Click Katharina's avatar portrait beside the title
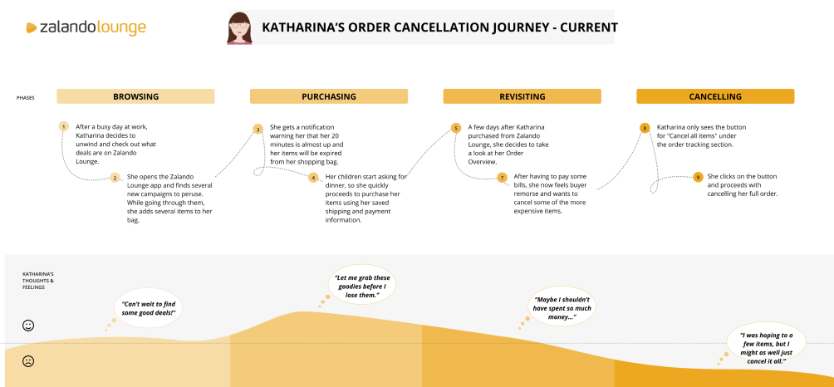click(x=240, y=28)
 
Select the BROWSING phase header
click(x=135, y=96)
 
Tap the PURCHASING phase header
click(x=329, y=96)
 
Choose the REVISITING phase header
click(x=522, y=96)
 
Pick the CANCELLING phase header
click(x=715, y=96)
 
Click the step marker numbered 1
click(x=63, y=127)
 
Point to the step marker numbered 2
click(x=115, y=177)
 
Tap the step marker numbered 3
click(x=258, y=129)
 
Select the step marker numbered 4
click(x=313, y=177)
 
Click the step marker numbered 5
click(x=455, y=128)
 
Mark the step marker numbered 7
click(x=502, y=177)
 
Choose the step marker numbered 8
click(x=645, y=128)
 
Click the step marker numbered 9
click(x=699, y=177)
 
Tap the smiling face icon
click(x=28, y=326)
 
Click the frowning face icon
click(x=28, y=361)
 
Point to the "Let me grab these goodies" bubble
click(x=361, y=287)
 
